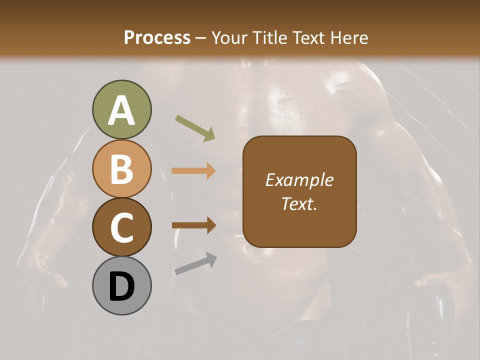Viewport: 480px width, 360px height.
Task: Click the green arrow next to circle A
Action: [x=194, y=128]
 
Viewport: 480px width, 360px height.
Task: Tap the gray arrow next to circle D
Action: [x=195, y=263]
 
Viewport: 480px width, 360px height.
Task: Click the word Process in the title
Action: [x=157, y=38]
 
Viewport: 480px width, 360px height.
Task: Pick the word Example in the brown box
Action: [x=299, y=180]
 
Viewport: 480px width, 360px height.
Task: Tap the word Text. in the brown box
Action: [x=299, y=203]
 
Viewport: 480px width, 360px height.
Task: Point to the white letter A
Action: [x=121, y=110]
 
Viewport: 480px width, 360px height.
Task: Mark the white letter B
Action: [x=121, y=169]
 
